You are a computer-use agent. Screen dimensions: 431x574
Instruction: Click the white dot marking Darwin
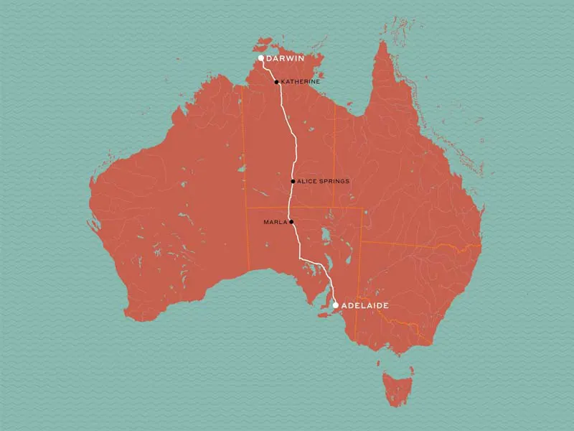coord(261,58)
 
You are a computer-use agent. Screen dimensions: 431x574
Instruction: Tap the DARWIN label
coord(285,58)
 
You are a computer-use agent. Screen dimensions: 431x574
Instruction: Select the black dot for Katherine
coord(277,82)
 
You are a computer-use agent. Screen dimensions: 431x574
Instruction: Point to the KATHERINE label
coord(301,82)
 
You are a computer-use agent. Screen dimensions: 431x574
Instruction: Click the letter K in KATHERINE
coord(283,82)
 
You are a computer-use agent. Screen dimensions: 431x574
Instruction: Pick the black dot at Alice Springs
coord(293,181)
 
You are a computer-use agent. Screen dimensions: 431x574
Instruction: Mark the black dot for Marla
coord(292,222)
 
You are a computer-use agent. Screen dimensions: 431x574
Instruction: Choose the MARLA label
coord(276,222)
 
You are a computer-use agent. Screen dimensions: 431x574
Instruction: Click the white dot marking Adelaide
coord(336,305)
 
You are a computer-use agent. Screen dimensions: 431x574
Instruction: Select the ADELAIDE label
coord(365,305)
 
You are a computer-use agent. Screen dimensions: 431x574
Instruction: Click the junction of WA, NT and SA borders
coord(247,208)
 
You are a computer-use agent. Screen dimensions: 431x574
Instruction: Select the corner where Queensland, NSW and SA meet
coord(361,241)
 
